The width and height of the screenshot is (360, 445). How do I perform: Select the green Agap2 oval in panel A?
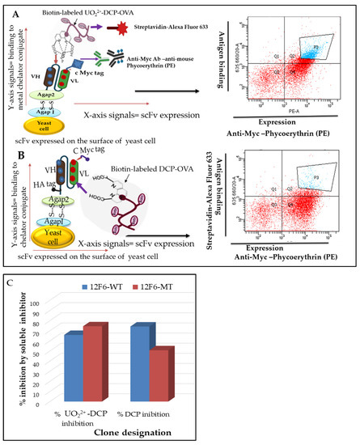48,84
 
